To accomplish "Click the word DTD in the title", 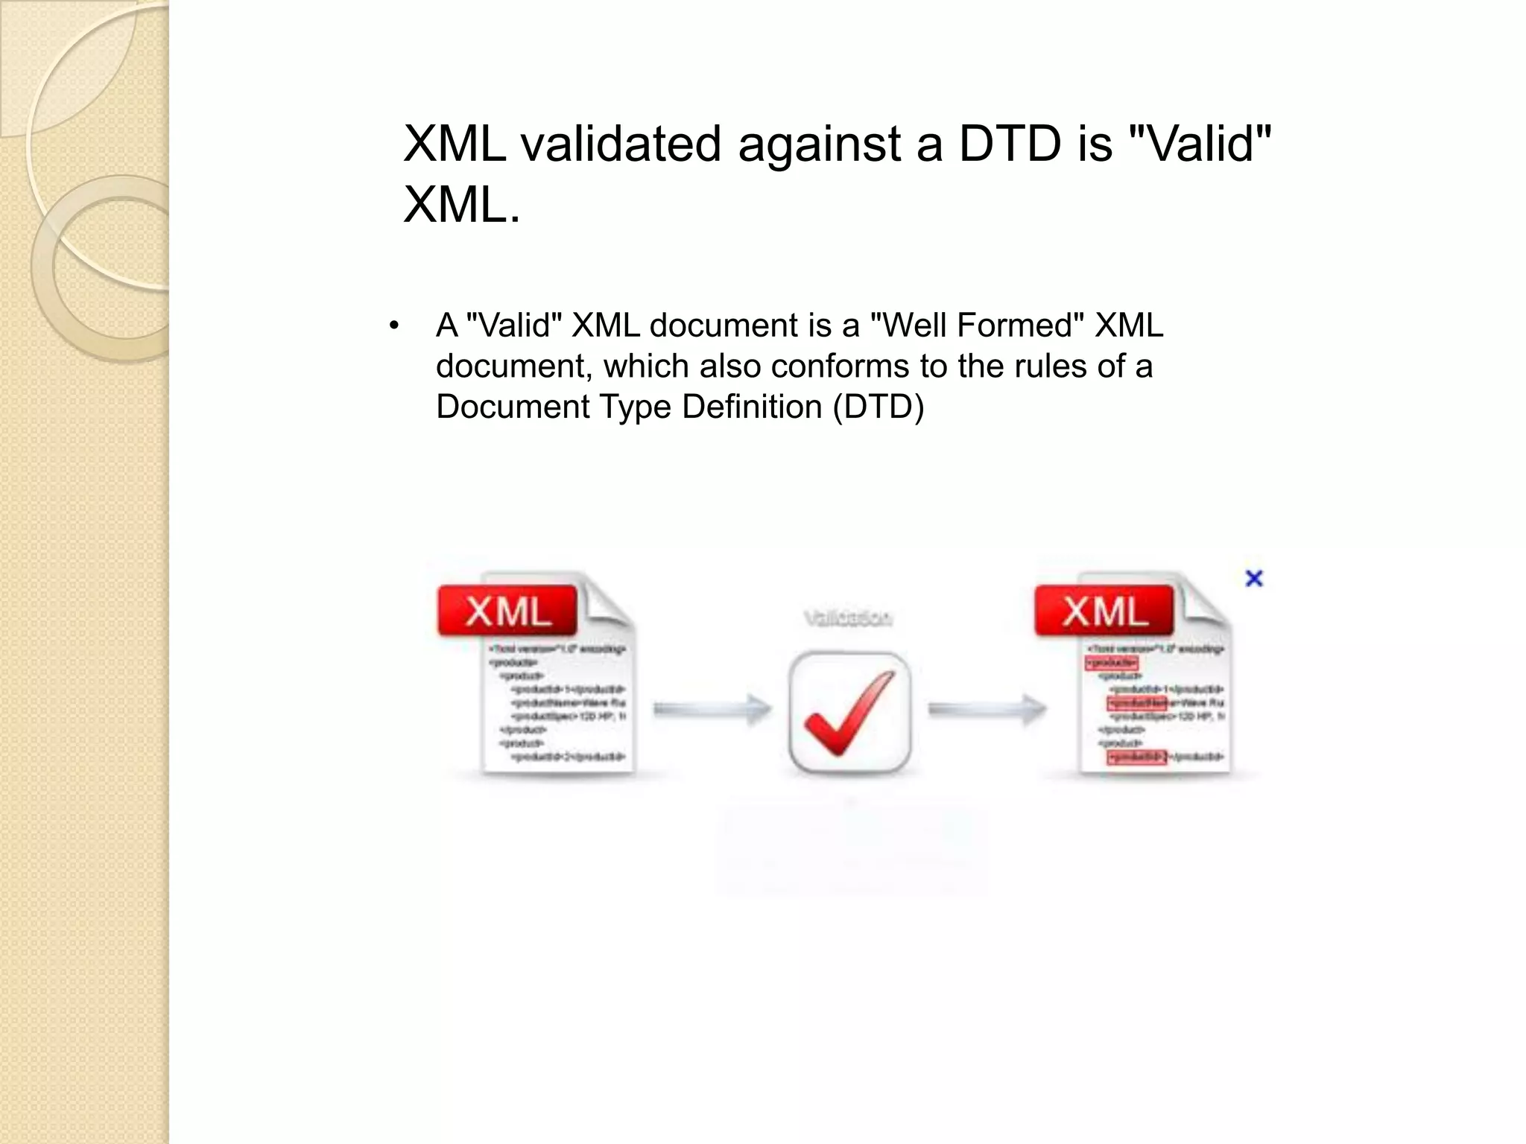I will point(1009,144).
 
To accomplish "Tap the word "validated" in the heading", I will point(621,144).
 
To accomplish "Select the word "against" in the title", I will point(819,145).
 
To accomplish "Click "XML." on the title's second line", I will point(461,205).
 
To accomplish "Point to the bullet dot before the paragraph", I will point(394,325).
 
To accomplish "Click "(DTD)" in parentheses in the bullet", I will point(878,407).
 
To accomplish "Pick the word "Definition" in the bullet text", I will point(750,407).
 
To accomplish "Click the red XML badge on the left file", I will point(507,611).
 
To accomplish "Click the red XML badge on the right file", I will point(1104,611).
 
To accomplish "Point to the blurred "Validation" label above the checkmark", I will point(848,618).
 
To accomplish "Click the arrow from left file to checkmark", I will point(712,709).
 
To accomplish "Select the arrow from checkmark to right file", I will point(987,709).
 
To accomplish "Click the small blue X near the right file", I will point(1254,578).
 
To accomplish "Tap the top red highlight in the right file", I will point(1112,662).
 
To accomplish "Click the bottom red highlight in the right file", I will point(1137,757).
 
